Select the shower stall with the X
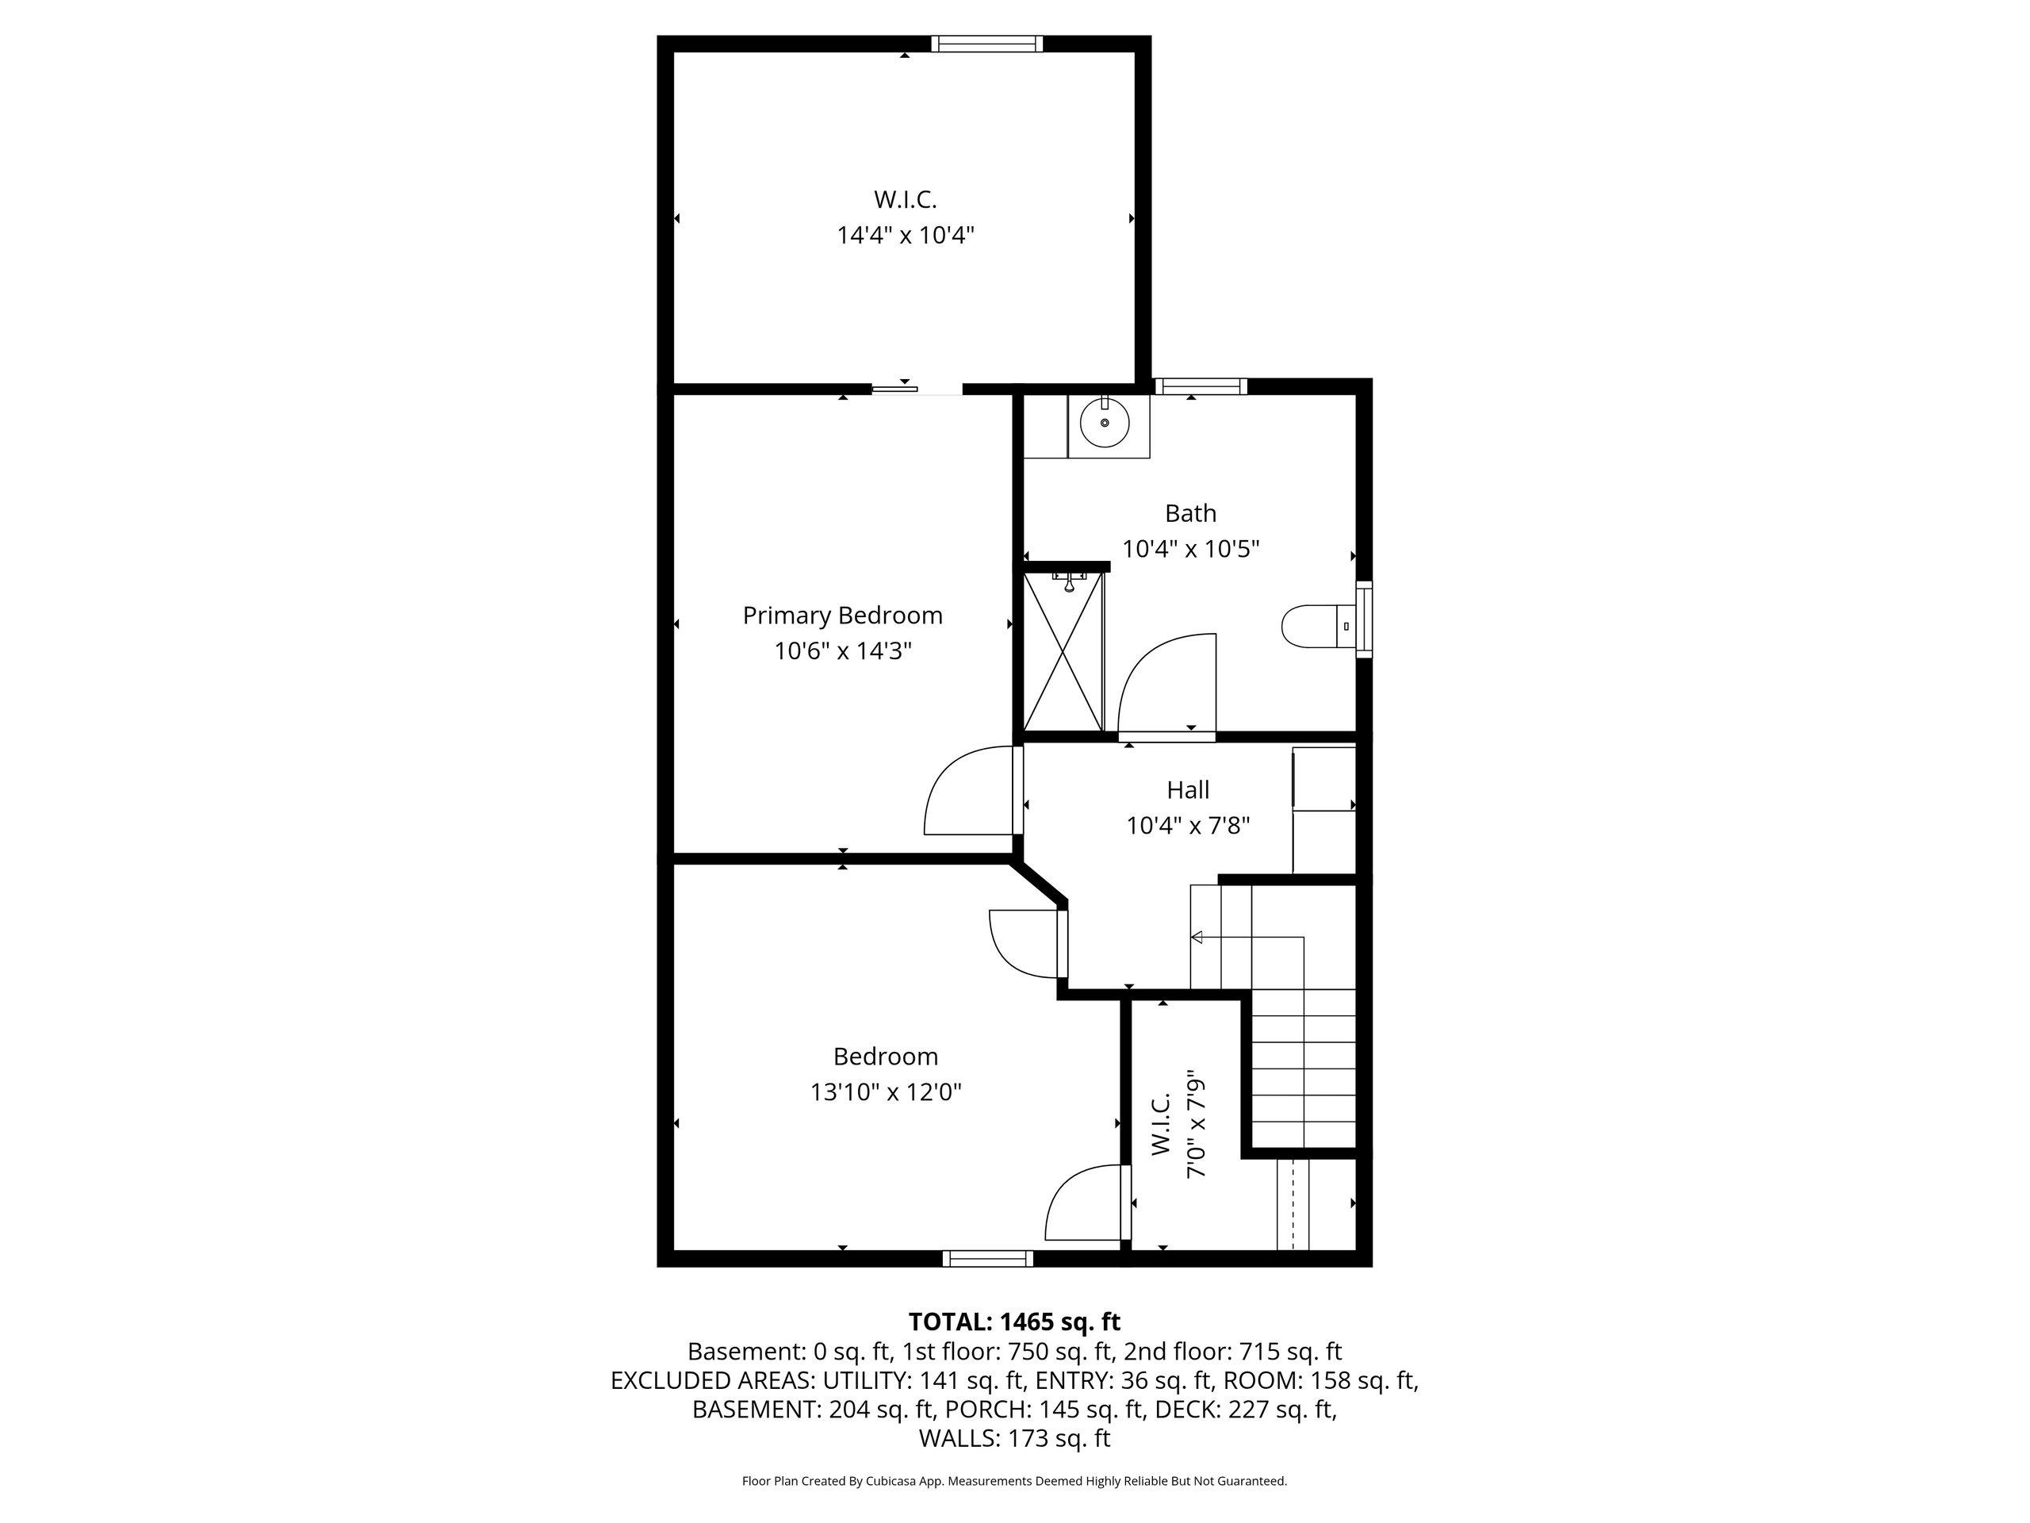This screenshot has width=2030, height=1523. click(1063, 650)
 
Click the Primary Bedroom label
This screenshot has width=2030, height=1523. click(842, 615)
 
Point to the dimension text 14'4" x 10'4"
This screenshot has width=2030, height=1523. click(905, 235)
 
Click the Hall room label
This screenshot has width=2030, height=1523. click(1189, 789)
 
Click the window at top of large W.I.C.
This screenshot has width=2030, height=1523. click(986, 43)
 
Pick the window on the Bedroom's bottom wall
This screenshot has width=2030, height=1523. click(987, 1259)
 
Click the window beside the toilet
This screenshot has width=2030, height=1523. click(1365, 619)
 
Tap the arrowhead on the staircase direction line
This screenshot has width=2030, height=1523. click(1197, 938)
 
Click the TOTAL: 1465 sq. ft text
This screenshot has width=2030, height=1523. click(1014, 1322)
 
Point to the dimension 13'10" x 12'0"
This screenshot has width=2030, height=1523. click(886, 1092)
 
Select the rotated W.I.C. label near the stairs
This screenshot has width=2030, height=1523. click(1160, 1124)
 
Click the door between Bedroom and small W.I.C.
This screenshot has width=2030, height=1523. click(1087, 1203)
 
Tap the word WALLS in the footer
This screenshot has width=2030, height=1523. click(959, 1439)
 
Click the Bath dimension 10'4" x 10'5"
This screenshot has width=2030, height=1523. click(1190, 549)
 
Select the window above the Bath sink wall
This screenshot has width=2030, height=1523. click(1200, 386)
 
